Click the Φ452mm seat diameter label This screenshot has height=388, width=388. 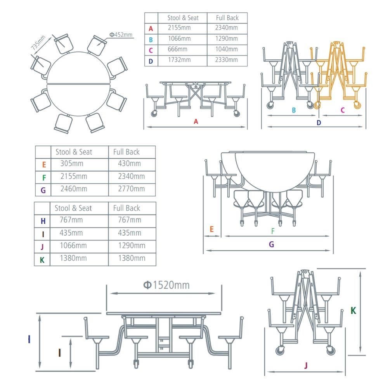[121, 35]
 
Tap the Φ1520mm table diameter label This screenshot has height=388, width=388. [166, 285]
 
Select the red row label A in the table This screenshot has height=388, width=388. [151, 28]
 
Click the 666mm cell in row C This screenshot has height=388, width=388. [177, 49]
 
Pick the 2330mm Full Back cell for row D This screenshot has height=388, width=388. [227, 60]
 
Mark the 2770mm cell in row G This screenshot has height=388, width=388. [132, 189]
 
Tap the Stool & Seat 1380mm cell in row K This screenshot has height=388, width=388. [73, 258]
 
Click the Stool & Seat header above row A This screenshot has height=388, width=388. [183, 18]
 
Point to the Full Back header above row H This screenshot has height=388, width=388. [126, 208]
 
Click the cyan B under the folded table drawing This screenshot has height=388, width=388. [294, 110]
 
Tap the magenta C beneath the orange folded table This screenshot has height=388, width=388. [342, 110]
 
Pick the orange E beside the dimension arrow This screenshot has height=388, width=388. [211, 229]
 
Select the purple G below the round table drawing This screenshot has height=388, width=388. [271, 244]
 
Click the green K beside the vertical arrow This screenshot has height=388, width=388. [353, 310]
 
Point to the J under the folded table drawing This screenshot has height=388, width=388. [306, 365]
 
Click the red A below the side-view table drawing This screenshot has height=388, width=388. [196, 121]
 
